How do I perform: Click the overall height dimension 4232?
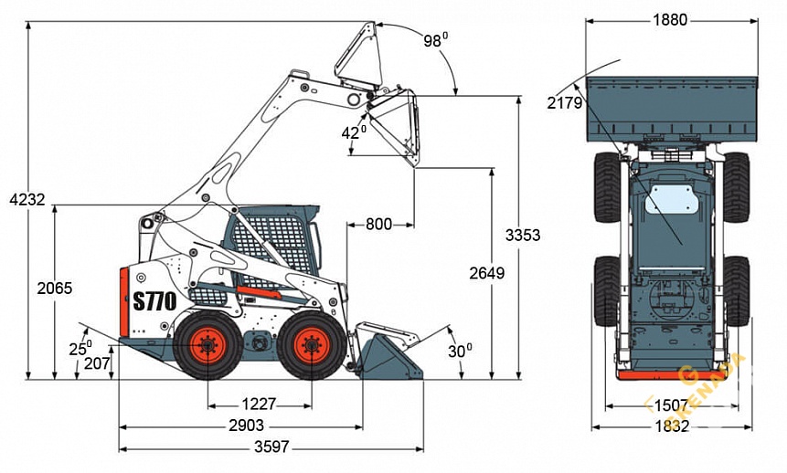(27, 199)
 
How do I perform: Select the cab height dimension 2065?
(55, 288)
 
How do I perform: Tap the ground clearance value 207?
(96, 363)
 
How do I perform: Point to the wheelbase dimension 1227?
(260, 404)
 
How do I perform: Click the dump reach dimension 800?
(380, 224)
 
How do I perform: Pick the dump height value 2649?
(486, 273)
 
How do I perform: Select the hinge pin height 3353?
(523, 235)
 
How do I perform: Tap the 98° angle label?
(435, 40)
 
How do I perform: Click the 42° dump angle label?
(354, 132)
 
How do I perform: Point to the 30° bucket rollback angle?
(461, 349)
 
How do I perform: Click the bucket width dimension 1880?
(670, 20)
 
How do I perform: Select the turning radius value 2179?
(565, 103)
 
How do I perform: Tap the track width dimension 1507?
(672, 405)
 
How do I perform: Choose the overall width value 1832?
(672, 426)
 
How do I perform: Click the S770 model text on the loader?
(154, 301)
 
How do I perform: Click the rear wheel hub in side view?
(207, 345)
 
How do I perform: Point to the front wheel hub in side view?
(312, 345)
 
